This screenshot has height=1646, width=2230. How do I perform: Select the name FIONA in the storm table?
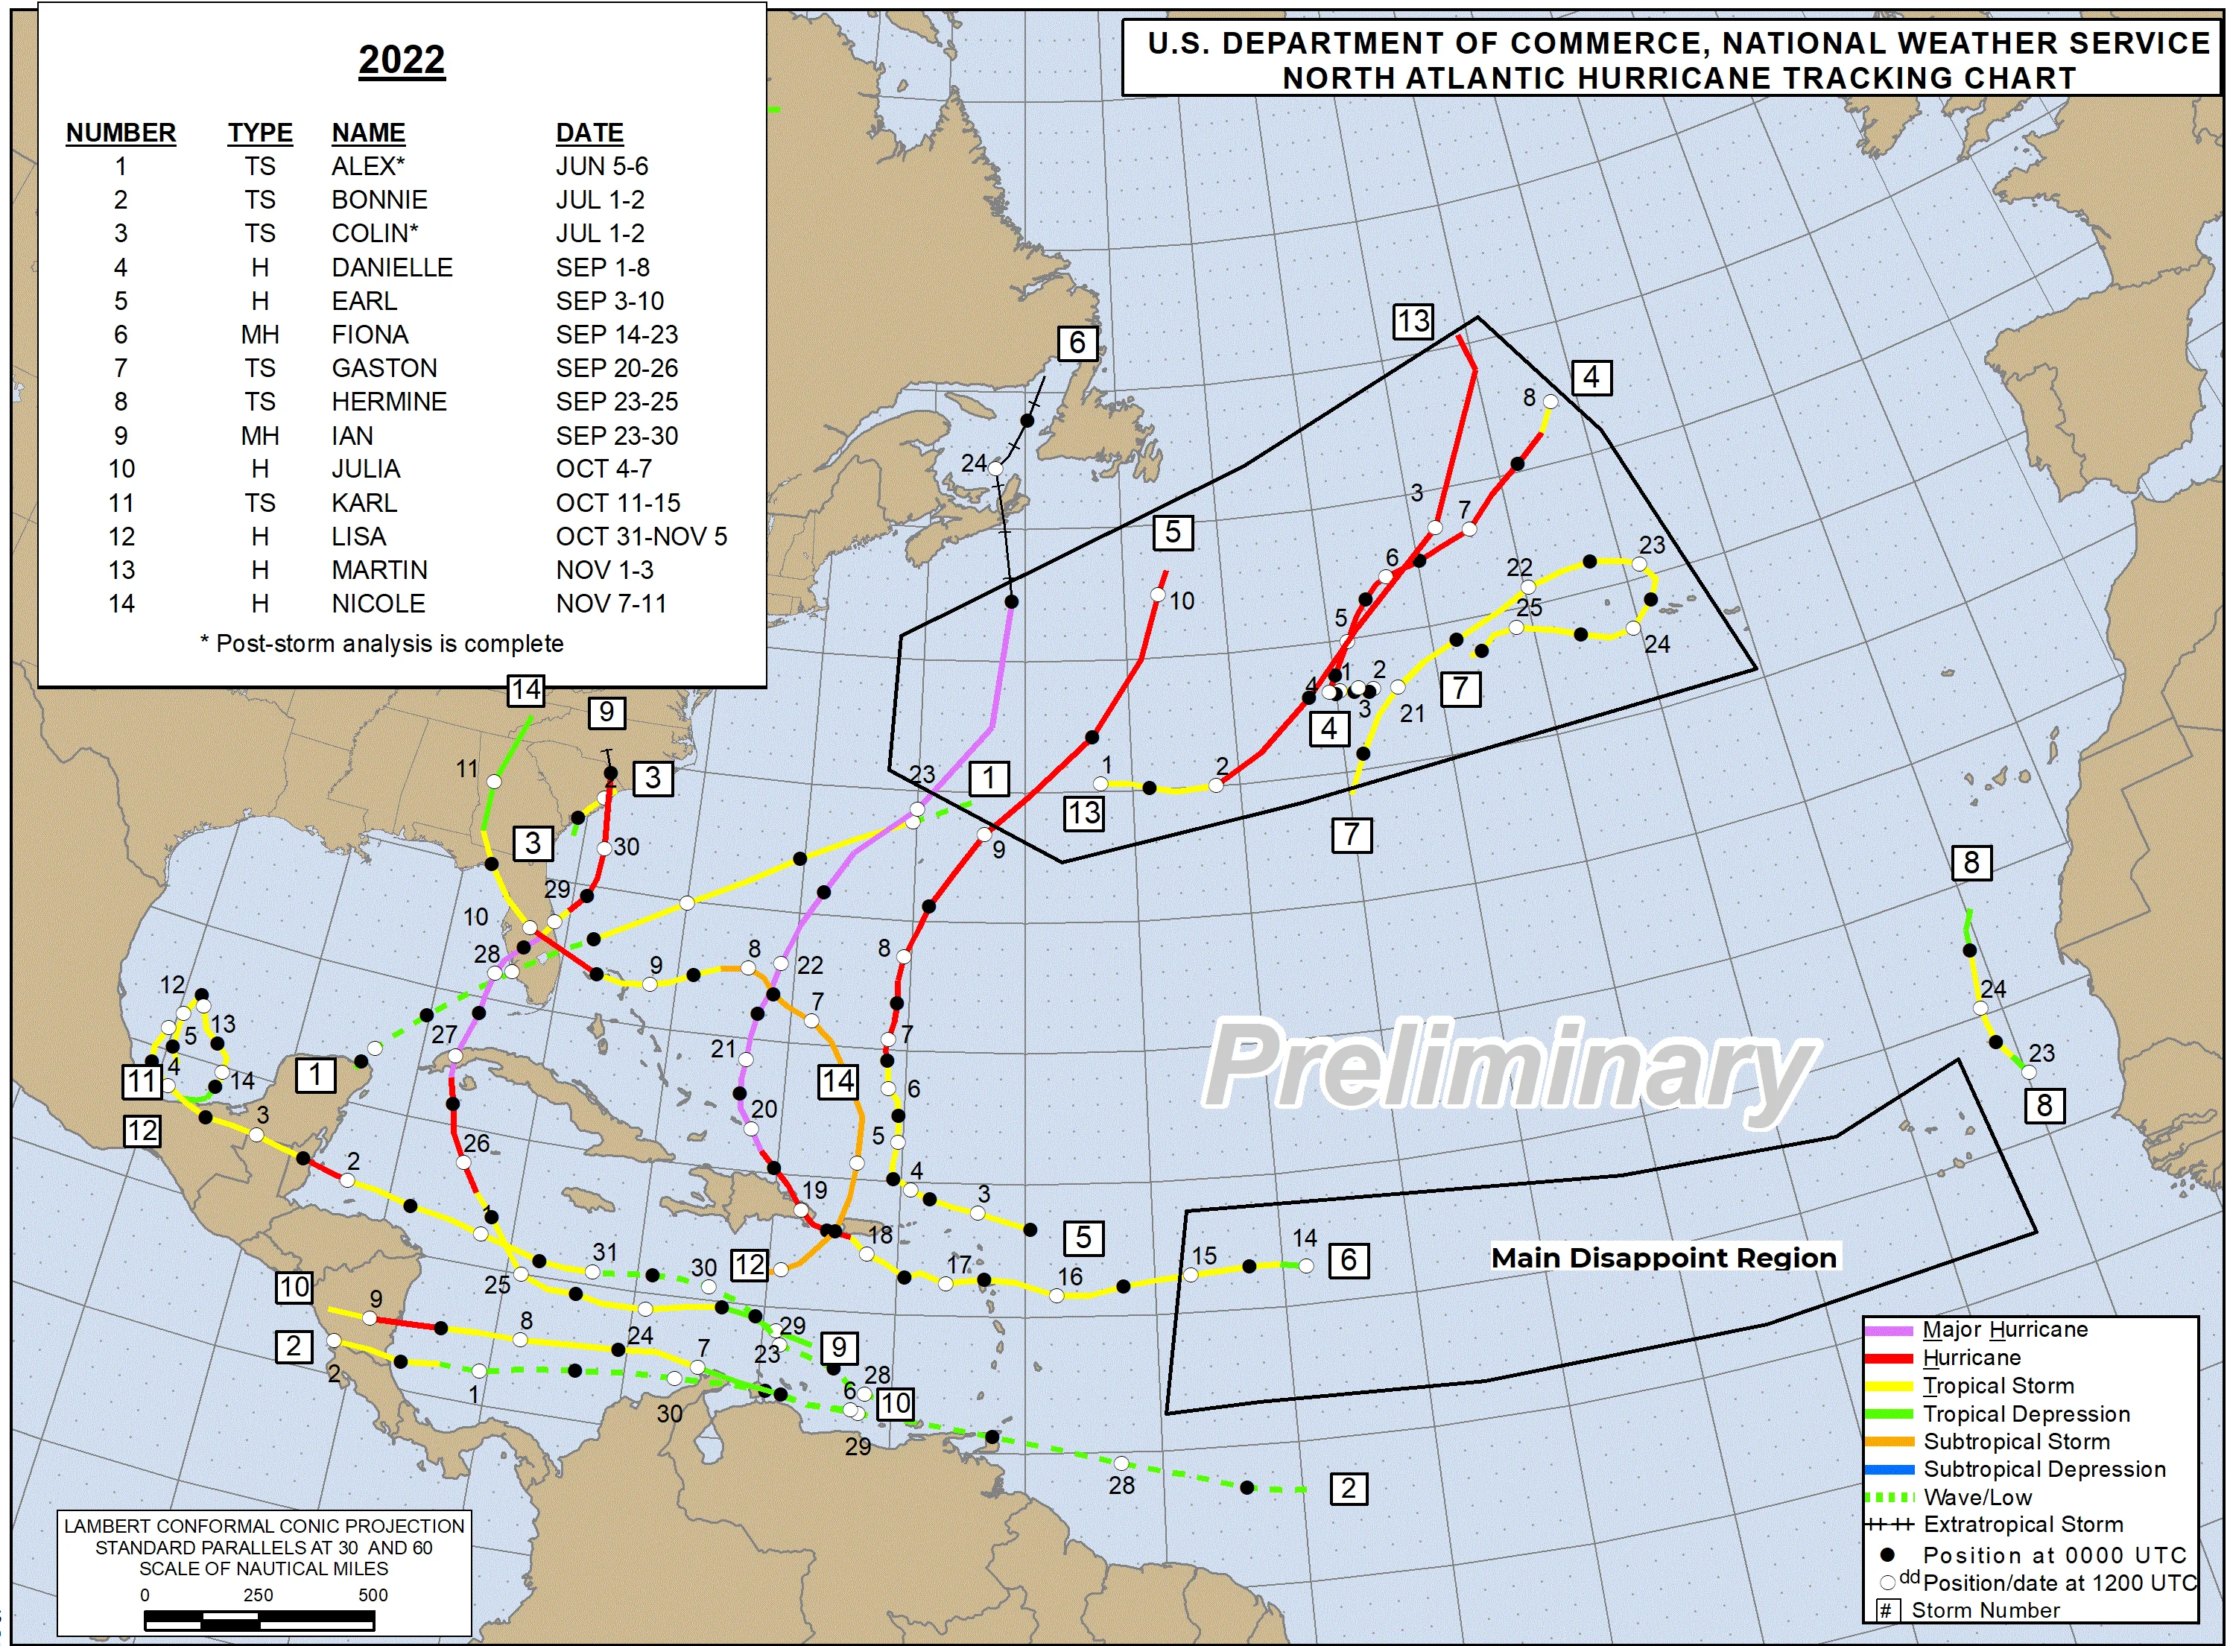(x=370, y=335)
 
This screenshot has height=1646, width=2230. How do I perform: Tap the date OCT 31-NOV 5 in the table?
(x=641, y=537)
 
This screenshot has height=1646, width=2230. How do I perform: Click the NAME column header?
(x=367, y=133)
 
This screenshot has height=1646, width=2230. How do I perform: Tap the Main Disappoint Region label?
(x=1663, y=1259)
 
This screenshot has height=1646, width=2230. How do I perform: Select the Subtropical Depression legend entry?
(x=2044, y=1469)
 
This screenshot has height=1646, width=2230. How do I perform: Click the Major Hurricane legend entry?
(x=2003, y=1330)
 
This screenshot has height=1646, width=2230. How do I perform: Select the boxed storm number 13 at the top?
(x=1412, y=322)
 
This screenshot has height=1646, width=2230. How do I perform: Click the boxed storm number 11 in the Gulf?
(x=142, y=1082)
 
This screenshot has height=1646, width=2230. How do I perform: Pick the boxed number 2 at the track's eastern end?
(x=1348, y=1490)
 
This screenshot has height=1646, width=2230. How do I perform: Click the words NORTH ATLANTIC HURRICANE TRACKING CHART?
(x=1679, y=77)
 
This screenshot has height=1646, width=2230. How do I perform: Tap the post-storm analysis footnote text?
(x=381, y=644)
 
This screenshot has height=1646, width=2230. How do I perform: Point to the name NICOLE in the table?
(x=378, y=604)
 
